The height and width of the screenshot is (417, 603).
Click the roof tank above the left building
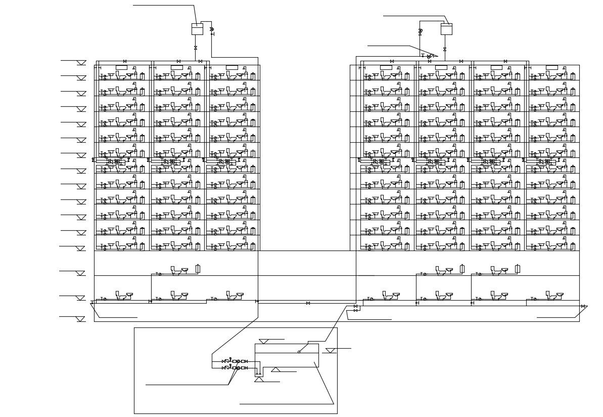coord(197,29)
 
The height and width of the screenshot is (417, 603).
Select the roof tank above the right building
coord(446,29)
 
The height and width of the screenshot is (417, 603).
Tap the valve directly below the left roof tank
coord(196,48)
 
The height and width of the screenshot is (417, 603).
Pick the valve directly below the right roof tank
coord(445,49)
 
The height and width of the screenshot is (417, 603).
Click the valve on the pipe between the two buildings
coord(308,303)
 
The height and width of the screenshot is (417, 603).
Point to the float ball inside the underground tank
coord(299,352)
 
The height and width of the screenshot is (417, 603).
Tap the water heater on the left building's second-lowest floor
coord(198,269)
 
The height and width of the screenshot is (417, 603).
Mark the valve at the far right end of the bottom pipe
coord(583,306)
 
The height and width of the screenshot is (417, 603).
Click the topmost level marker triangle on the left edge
coord(81,63)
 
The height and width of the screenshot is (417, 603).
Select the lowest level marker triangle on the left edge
coord(81,319)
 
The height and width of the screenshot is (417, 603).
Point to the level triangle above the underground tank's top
coord(264,342)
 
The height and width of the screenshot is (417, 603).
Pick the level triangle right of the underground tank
coord(330,350)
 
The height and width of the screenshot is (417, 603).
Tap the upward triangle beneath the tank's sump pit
coord(259,379)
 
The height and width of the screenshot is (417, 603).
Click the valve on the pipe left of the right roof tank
coord(420,31)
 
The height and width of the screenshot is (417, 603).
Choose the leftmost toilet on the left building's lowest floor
coord(120,296)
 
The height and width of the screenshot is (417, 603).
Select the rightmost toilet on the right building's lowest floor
coord(551,296)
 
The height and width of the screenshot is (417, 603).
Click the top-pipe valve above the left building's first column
coord(125,61)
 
